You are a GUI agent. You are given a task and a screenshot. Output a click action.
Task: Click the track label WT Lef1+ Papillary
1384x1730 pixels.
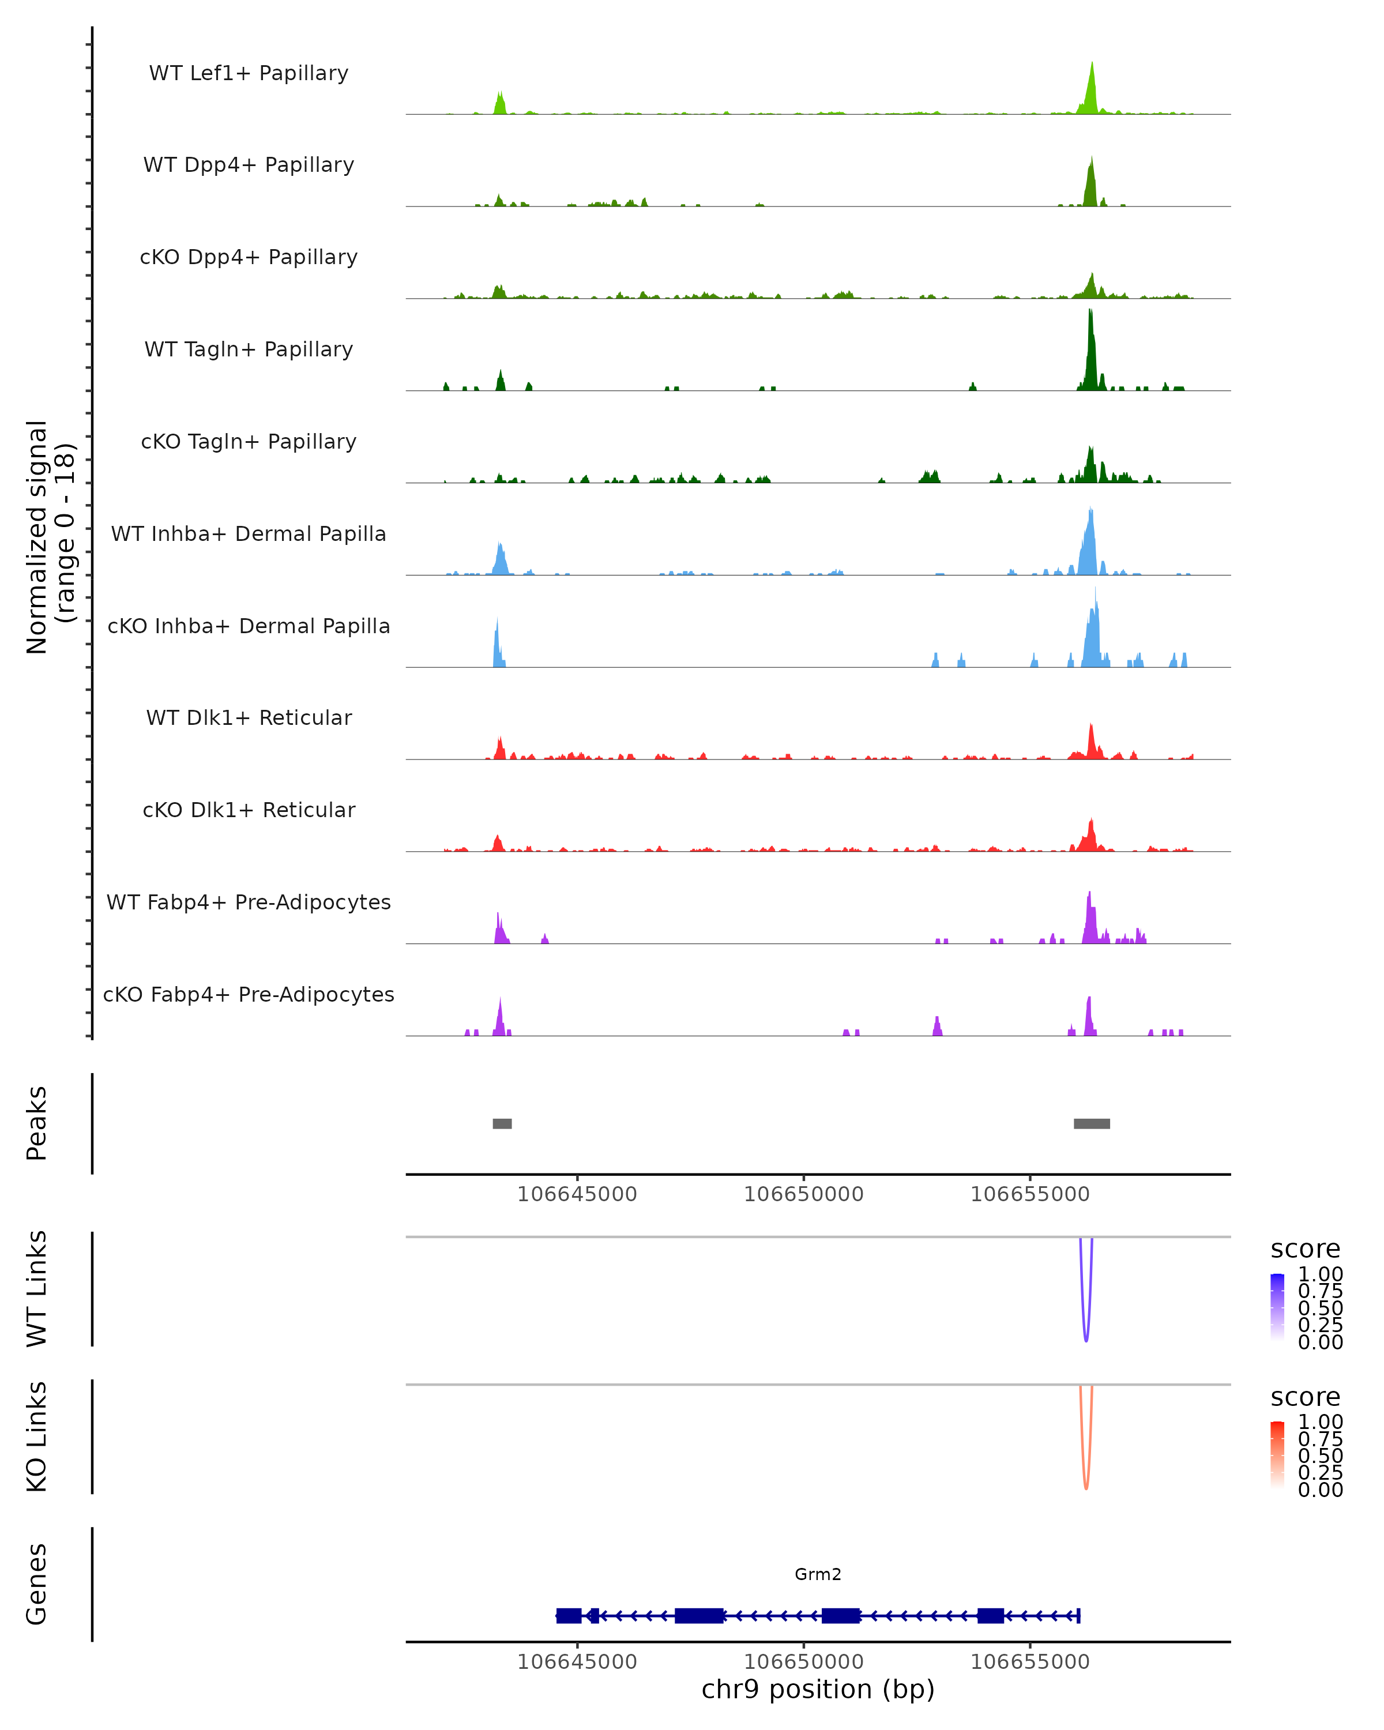click(249, 73)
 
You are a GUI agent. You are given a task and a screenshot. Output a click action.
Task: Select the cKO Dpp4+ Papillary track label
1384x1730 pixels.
click(249, 258)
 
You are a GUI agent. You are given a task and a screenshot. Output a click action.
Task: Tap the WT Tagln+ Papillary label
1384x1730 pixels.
click(249, 350)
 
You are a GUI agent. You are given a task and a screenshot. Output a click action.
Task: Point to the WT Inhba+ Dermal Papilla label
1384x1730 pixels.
click(249, 535)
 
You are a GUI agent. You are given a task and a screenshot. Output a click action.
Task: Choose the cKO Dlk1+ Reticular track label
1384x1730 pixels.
click(249, 810)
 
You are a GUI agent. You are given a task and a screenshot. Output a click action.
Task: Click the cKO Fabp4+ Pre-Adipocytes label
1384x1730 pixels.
click(249, 995)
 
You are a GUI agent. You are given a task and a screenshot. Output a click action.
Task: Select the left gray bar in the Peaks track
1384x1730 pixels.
click(502, 1123)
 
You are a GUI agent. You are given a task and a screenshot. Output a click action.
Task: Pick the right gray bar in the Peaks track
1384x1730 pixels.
click(1092, 1123)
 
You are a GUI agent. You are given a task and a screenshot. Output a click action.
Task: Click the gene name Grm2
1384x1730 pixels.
click(818, 1574)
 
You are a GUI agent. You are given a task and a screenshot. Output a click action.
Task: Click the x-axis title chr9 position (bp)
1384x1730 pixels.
click(818, 1690)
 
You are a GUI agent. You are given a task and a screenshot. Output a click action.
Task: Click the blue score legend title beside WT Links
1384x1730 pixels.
click(1306, 1248)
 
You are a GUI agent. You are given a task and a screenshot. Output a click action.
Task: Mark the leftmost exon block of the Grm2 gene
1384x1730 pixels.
click(569, 1615)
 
